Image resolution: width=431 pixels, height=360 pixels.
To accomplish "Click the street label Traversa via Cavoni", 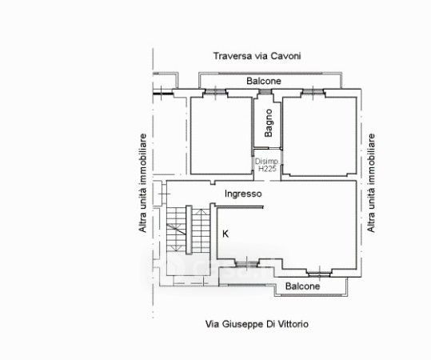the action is coord(257,56).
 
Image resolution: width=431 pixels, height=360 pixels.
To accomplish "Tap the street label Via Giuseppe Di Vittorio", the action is coord(257,324).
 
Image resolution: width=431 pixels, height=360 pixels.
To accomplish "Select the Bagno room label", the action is coord(269,123).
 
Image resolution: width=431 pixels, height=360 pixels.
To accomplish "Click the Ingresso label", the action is coord(243,194).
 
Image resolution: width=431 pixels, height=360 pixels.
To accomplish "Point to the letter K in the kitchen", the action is coord(225,234).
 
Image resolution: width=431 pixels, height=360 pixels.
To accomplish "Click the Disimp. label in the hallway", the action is coord(266,161).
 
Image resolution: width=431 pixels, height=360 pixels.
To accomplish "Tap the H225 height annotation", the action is coord(267,168).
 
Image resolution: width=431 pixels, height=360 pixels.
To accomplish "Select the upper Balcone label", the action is coord(264,81).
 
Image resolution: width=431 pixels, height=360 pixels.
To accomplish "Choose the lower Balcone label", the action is coord(302,286).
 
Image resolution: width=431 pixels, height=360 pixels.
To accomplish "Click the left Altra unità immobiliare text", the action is coord(142,183).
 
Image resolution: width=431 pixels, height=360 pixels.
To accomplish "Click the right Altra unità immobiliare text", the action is coord(371,183).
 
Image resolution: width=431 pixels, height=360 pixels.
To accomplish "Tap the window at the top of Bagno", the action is coord(265,92).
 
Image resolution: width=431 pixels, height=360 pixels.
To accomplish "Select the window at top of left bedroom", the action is coord(216,91).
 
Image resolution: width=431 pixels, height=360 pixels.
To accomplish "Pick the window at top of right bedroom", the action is coord(313,91).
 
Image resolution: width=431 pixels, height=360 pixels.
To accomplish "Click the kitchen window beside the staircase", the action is coord(247,264).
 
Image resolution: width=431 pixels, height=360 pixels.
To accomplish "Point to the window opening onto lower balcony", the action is coord(319,274).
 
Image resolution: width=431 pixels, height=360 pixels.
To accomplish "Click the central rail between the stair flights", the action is coord(189,230).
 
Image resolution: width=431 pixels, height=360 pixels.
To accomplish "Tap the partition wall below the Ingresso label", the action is coord(239,207).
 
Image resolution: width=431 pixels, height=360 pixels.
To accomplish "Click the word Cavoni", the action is coord(286,56).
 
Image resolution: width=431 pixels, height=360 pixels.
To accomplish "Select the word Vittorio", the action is coord(294,324).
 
